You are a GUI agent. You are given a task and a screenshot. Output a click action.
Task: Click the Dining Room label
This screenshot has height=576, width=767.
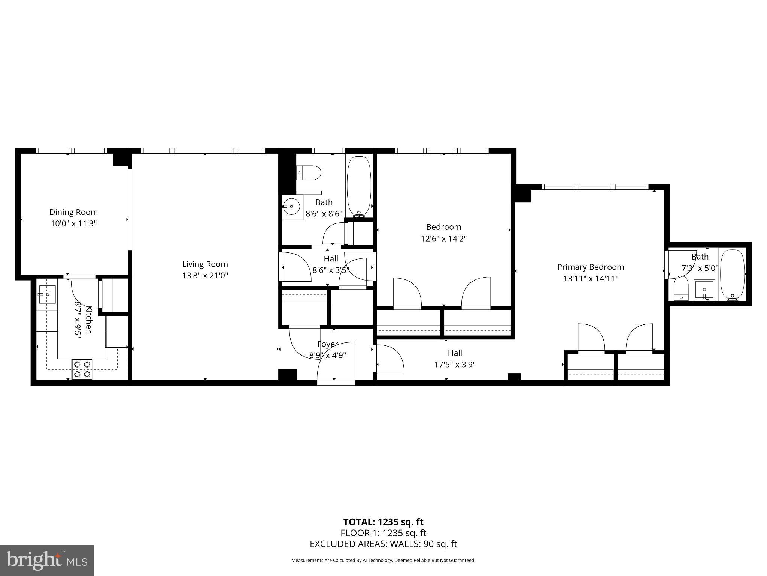[x=73, y=212]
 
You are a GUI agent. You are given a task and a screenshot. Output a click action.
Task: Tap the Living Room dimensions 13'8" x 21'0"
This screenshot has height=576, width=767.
[x=205, y=276]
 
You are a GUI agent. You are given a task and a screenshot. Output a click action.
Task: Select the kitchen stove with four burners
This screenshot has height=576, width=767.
[x=82, y=369]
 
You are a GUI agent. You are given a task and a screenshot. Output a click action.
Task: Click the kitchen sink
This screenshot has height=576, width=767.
[x=47, y=294]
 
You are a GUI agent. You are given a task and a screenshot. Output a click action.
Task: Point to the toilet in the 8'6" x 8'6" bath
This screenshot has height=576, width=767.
[x=309, y=173]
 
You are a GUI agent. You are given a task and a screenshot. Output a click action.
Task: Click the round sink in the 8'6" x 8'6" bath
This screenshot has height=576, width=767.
[x=291, y=206]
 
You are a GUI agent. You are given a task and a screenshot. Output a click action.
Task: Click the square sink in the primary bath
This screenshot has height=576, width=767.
[x=704, y=290]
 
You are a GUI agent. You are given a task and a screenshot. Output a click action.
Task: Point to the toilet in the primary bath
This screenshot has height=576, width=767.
[x=681, y=289]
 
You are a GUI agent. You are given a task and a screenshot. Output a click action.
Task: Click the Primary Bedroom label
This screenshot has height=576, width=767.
[x=591, y=267]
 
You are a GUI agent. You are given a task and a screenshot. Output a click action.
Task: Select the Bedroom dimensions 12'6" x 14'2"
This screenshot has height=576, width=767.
[x=444, y=238]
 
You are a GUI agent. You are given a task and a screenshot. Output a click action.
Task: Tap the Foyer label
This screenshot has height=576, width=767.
[x=327, y=344]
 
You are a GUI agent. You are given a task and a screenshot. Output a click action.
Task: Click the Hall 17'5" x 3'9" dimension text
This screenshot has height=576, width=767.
[x=455, y=364]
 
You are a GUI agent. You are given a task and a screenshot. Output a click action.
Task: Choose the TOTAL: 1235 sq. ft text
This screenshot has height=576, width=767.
[x=383, y=522]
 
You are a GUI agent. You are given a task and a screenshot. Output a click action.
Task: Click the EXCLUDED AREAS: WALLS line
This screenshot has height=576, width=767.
[x=383, y=544]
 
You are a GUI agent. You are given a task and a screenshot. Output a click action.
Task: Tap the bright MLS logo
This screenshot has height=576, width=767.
[x=47, y=561]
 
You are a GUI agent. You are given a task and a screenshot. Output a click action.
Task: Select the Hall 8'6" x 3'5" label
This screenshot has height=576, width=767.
[x=331, y=259]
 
